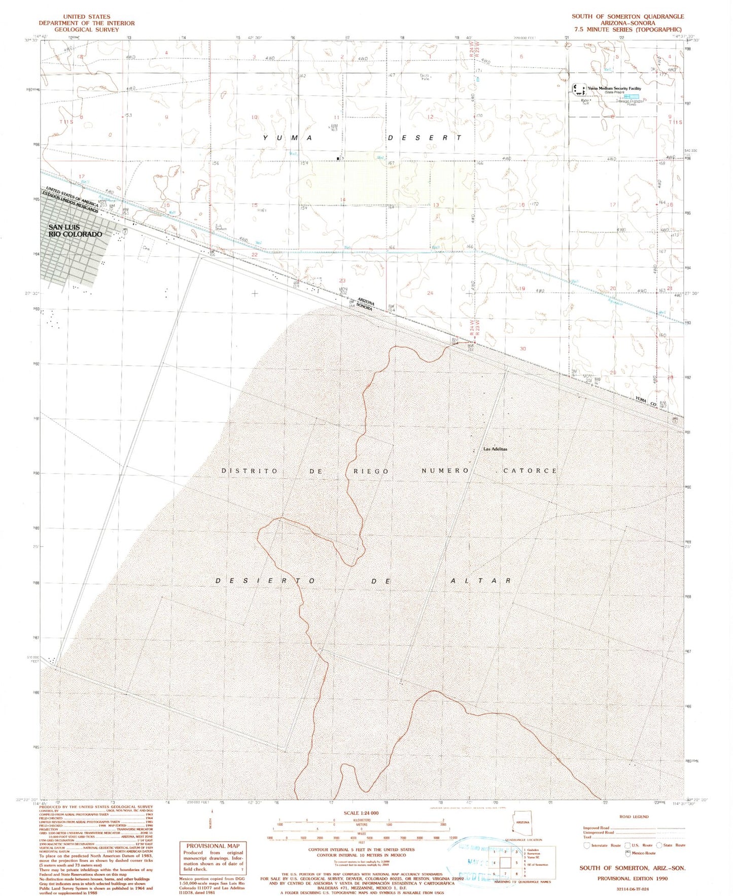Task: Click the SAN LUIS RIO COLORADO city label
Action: (75, 231)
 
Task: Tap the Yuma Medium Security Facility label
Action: (614, 88)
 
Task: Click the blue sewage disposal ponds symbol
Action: (632, 96)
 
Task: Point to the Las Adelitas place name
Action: (495, 449)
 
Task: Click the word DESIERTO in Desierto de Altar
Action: (266, 580)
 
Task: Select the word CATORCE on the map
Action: (530, 471)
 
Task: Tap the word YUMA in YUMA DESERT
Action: (288, 138)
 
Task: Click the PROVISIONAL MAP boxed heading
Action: (213, 846)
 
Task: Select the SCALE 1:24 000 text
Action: (361, 813)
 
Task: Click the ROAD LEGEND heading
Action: (634, 816)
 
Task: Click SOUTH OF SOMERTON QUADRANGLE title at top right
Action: (627, 16)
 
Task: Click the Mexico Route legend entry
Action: (643, 853)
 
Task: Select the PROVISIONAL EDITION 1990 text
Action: (632, 878)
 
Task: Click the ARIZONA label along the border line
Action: (366, 302)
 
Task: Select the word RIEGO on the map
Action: (371, 471)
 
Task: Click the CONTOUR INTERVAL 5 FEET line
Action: (361, 849)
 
